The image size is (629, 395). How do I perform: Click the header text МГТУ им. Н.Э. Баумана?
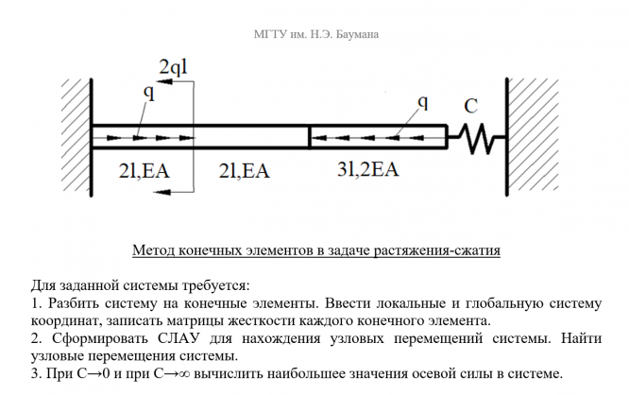[x=316, y=36]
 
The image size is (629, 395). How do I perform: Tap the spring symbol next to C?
[x=476, y=139]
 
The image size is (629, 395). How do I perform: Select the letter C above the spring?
[x=470, y=105]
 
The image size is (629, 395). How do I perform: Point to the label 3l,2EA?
[x=367, y=170]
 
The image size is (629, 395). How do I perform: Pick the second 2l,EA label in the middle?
[x=244, y=171]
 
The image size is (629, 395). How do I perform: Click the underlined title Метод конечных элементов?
[x=316, y=251]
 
